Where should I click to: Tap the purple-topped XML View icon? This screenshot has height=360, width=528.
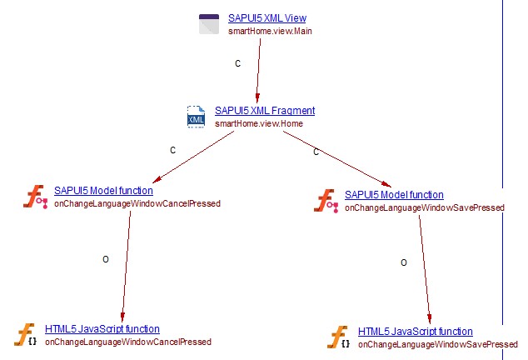209,24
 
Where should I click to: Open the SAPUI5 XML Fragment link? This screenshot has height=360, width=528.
265,110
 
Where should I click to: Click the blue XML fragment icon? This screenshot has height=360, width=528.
197,117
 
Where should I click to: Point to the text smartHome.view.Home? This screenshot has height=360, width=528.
258,123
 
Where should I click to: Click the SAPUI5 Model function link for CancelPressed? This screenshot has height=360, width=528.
103,191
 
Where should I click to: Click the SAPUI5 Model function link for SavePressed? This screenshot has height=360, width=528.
394,195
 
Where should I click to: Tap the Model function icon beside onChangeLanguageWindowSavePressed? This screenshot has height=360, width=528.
326,201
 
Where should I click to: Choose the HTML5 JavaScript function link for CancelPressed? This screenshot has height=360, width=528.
102,329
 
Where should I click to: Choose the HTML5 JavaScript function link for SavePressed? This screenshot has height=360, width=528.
415,332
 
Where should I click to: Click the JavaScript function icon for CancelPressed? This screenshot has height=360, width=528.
27,335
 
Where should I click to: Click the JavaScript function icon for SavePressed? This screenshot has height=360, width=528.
339,337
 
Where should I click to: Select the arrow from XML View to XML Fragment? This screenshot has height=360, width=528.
259,71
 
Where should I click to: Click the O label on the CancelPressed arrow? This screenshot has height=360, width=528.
106,260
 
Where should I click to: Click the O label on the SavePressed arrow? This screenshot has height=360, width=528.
404,262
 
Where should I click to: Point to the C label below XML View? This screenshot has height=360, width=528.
238,63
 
